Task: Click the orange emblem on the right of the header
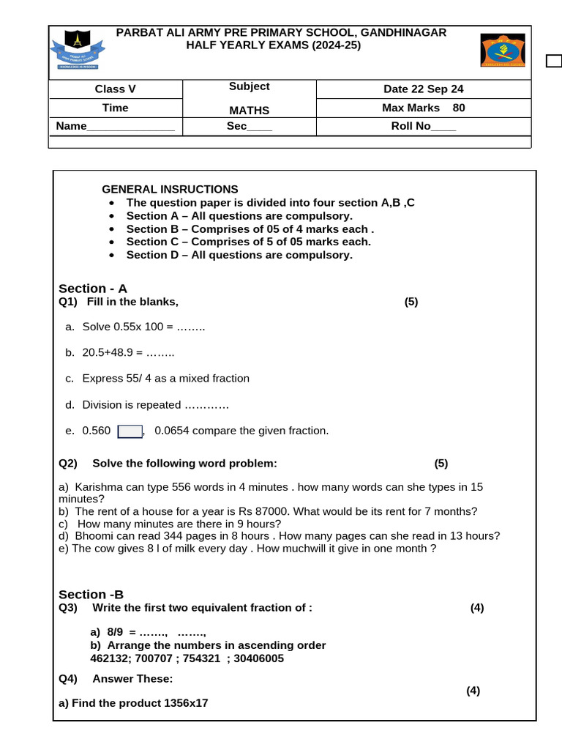coord(502,50)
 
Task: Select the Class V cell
coord(115,89)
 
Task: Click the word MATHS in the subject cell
coord(249,111)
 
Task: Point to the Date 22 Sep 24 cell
coord(423,89)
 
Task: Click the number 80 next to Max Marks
coord(459,108)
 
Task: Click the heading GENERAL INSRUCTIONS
coord(170,189)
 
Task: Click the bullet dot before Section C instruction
coord(111,242)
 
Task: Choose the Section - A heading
coord(93,289)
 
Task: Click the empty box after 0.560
coord(130,431)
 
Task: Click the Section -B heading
coord(91,595)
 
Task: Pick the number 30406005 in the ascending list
coord(258,658)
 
